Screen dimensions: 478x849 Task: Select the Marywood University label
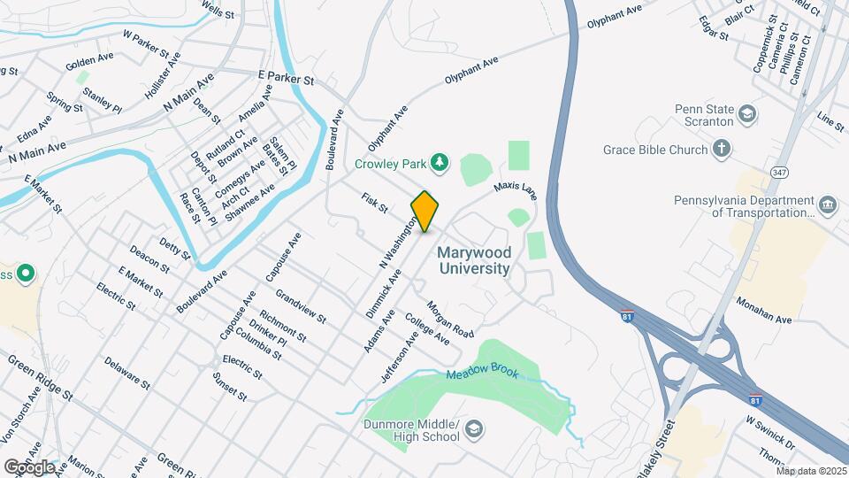pos(474,261)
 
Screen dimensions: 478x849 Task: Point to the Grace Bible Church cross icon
pos(722,149)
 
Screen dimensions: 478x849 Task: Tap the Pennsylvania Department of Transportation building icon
pos(828,205)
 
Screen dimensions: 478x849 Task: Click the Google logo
pos(28,466)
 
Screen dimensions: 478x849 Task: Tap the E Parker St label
pos(286,80)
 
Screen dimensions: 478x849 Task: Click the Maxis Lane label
pos(516,189)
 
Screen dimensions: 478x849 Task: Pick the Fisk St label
pos(375,204)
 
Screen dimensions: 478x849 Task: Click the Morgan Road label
pos(451,320)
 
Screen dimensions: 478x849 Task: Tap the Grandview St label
pos(301,305)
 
